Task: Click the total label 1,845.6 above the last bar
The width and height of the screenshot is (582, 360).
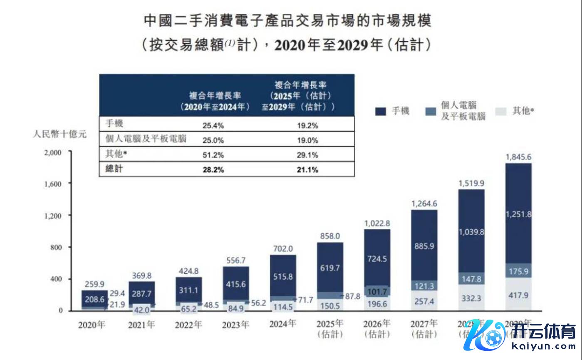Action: coord(518,157)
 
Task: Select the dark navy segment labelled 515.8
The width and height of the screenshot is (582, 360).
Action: coord(283,276)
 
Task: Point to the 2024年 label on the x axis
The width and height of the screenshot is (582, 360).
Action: coord(283,324)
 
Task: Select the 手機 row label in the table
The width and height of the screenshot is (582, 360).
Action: coord(114,124)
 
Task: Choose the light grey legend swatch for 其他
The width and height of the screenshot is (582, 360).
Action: coord(501,111)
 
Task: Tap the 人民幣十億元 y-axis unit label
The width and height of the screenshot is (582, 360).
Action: coord(60,134)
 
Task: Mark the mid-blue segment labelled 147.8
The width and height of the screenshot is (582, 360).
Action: coord(471,278)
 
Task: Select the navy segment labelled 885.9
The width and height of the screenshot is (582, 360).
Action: coord(424,246)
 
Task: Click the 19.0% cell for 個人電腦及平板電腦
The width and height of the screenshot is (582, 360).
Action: coord(307,140)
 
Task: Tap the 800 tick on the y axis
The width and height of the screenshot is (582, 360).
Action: coord(56,247)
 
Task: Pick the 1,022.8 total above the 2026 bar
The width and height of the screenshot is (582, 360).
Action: coord(377,223)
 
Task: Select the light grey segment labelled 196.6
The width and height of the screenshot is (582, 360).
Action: coord(377,304)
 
